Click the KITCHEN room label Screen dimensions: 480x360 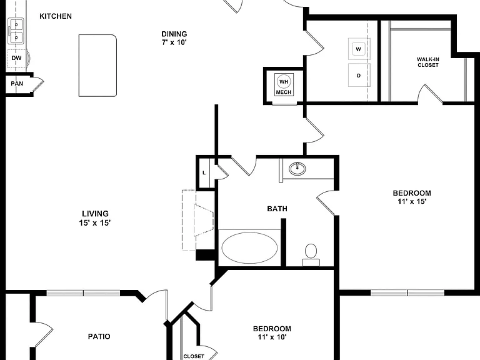(x=56, y=16)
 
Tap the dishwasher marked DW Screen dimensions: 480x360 (x=16, y=58)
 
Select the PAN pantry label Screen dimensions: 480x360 (x=17, y=83)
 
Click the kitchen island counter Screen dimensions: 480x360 (x=97, y=66)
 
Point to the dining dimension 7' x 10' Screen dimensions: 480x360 (x=174, y=42)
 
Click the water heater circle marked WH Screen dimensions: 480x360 (x=284, y=82)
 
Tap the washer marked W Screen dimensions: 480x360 (x=359, y=49)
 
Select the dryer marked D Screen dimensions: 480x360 (x=359, y=75)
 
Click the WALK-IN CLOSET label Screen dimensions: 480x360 (x=428, y=62)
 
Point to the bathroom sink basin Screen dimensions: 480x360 (x=297, y=168)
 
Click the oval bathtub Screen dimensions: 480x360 (x=249, y=247)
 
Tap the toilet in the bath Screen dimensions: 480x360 (x=311, y=255)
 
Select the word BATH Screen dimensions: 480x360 (x=277, y=209)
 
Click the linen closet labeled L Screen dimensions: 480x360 (x=204, y=173)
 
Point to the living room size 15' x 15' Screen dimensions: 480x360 (x=95, y=223)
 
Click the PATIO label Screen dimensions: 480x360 (x=99, y=336)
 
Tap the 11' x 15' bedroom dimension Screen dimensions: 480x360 (x=412, y=201)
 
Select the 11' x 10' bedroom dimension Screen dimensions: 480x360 (x=272, y=337)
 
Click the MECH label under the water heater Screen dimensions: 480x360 (x=284, y=92)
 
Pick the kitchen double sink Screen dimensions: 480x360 (x=16, y=31)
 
